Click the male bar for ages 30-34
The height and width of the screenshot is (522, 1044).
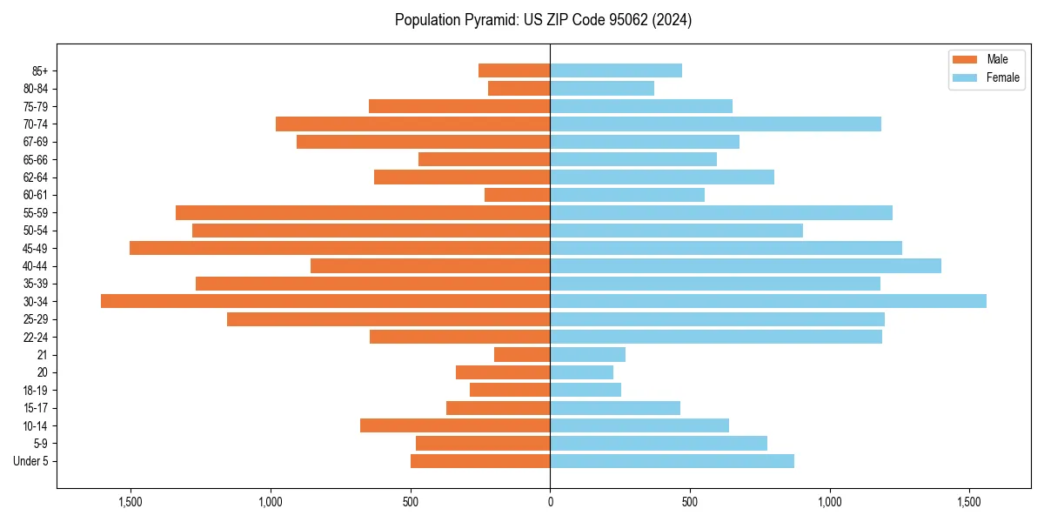(325, 301)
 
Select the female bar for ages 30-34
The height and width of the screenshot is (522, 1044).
(768, 301)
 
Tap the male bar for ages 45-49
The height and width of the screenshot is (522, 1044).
(339, 248)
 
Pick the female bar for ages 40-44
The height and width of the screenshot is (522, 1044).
(746, 265)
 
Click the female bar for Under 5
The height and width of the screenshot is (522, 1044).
(672, 461)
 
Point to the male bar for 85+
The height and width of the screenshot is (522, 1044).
(514, 70)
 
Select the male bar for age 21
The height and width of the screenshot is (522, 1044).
(522, 355)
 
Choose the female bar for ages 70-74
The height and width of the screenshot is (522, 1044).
(715, 124)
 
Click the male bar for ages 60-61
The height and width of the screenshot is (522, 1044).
(517, 195)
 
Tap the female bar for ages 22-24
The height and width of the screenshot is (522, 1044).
(716, 337)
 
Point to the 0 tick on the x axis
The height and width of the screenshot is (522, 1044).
(550, 502)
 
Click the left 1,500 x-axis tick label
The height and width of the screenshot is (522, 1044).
(130, 502)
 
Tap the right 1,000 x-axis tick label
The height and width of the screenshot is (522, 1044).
(830, 502)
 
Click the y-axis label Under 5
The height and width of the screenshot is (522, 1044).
(30, 461)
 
